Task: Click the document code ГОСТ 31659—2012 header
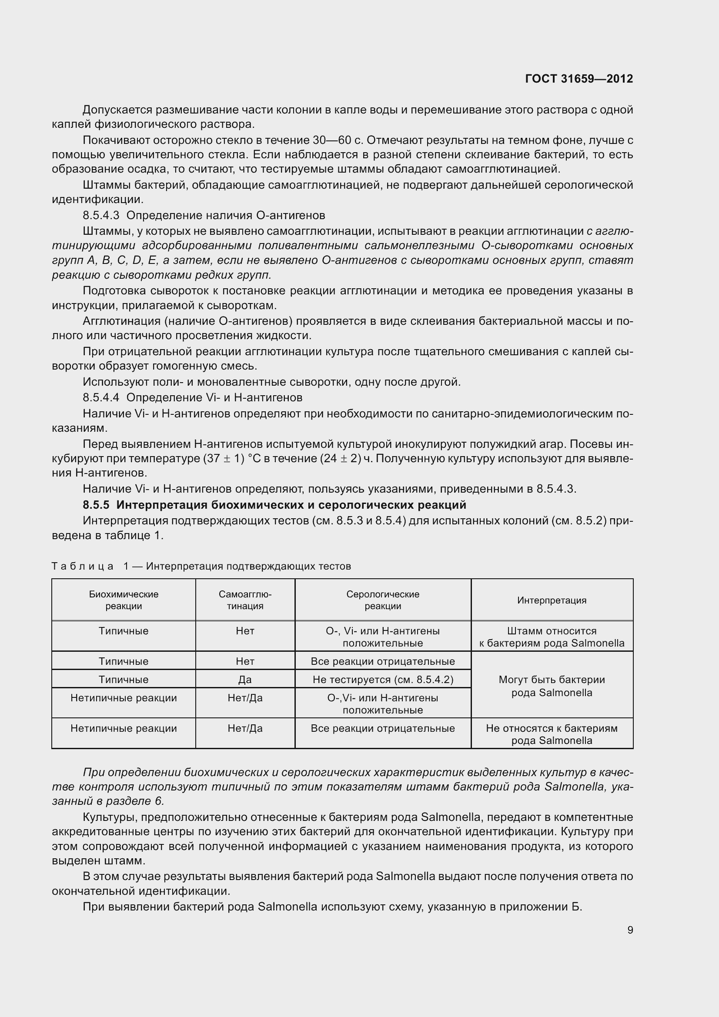coord(579,79)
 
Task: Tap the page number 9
coord(630,930)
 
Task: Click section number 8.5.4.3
coord(101,215)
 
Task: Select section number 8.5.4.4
coord(101,397)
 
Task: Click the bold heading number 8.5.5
coord(96,505)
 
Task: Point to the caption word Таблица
coord(83,566)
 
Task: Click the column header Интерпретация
coord(552,600)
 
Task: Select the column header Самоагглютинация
coord(245,600)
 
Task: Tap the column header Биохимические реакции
coord(124,600)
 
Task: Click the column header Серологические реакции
coord(383,600)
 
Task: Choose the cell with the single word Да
coord(245,680)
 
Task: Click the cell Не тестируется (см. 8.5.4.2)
coord(383,680)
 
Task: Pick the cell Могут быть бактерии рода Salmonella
coord(552,686)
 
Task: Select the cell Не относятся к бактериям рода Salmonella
coord(552,734)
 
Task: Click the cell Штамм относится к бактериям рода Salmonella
coord(552,637)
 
